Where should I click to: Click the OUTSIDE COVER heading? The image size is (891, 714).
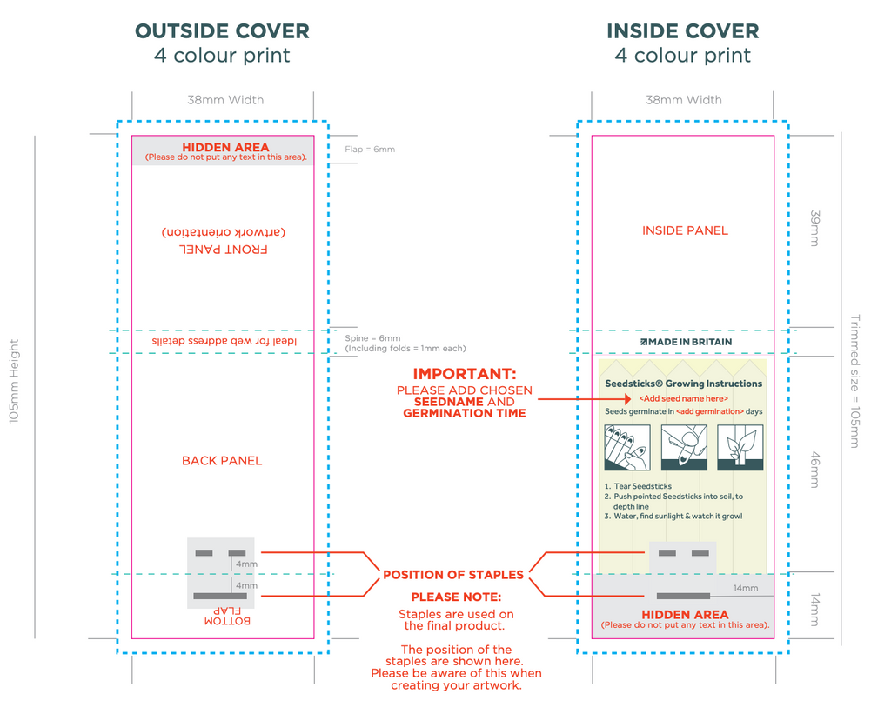coord(222,31)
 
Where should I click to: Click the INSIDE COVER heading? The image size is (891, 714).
coord(682,31)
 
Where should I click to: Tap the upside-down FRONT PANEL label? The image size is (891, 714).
coord(224,249)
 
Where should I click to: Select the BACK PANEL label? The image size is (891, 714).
coord(222,461)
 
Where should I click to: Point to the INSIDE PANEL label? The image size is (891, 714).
coord(685,230)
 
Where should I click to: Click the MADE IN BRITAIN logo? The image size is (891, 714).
coord(686,342)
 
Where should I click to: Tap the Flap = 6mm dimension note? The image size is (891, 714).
coord(370,150)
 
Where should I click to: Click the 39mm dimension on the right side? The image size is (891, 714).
coord(814,229)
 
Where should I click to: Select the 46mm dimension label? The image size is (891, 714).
coord(814,470)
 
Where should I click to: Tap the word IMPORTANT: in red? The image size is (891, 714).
coord(464,374)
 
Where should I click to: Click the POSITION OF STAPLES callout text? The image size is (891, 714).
coord(453,575)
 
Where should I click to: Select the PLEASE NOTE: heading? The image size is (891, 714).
coord(456,597)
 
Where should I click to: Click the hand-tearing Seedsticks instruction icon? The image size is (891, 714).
coord(626,448)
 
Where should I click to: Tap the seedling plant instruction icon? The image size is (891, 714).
coord(740,448)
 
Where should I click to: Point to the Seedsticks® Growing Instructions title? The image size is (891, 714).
coord(683,384)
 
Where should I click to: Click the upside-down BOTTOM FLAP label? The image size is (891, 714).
coord(227,616)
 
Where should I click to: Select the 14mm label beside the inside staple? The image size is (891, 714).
coord(745,589)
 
